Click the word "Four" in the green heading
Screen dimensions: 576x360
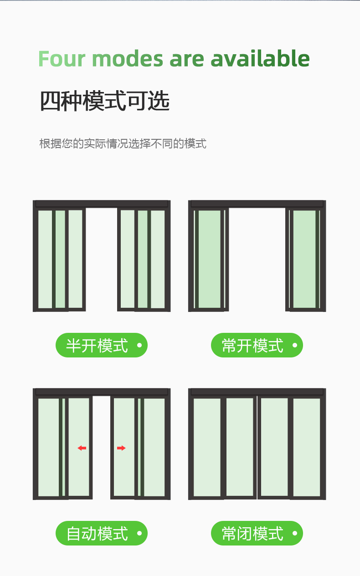tap(62, 59)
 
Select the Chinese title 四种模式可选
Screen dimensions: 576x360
tap(105, 101)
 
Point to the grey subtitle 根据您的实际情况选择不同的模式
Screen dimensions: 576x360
tap(123, 143)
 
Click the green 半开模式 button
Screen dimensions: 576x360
tap(101, 345)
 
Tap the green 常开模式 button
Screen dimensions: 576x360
tap(257, 345)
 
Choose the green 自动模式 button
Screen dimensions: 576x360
tap(101, 533)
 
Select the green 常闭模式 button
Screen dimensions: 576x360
tap(257, 533)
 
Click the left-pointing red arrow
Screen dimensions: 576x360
tap(82, 448)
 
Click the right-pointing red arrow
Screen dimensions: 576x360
tap(121, 448)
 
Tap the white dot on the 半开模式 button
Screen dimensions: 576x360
tap(139, 345)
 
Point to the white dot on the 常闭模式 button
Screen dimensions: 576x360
tap(295, 533)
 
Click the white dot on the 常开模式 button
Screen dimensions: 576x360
tap(295, 345)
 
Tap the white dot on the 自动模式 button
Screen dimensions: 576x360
tap(139, 533)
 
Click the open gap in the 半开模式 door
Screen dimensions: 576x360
tap(101, 260)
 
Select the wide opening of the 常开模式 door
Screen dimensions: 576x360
tap(257, 260)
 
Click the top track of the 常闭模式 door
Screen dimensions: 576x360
tap(257, 392)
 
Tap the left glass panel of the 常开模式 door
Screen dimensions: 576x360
tap(209, 260)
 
